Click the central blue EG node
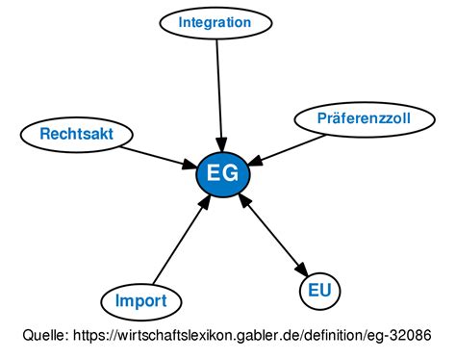[223, 174]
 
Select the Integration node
[215, 22]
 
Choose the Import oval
[140, 301]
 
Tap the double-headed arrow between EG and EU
[274, 234]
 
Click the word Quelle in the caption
[45, 337]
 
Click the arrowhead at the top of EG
[222, 145]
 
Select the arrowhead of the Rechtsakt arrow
[189, 165]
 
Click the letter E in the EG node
[214, 174]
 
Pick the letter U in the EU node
[326, 289]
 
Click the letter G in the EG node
[232, 174]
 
